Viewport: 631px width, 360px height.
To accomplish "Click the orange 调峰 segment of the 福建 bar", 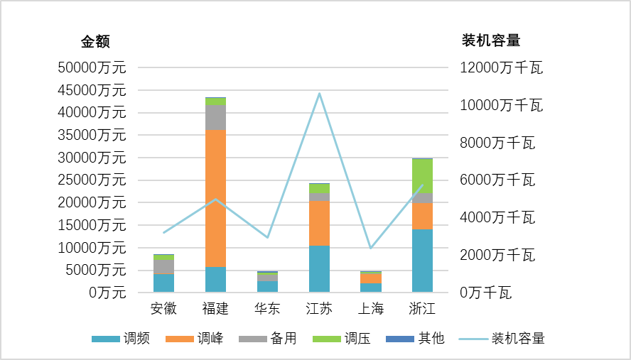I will [215, 198].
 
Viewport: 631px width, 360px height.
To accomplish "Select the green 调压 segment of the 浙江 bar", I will [422, 175].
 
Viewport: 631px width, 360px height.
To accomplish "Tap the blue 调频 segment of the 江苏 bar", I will [319, 268].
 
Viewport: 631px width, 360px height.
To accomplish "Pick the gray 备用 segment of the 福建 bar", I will [215, 117].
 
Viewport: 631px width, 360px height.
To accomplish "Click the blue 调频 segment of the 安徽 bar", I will [164, 283].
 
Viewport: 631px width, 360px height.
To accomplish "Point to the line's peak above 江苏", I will [319, 93].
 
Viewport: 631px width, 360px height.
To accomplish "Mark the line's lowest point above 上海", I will [371, 248].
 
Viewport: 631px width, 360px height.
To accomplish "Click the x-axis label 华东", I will [267, 309].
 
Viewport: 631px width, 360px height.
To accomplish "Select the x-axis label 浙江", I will [422, 309].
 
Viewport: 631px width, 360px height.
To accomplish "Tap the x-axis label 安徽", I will [164, 309].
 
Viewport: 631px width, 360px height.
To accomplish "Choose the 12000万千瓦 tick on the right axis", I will [502, 67].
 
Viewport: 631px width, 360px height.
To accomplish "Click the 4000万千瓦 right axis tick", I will [497, 217].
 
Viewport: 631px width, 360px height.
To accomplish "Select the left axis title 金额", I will [95, 41].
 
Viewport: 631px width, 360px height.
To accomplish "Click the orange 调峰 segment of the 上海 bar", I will [371, 278].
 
